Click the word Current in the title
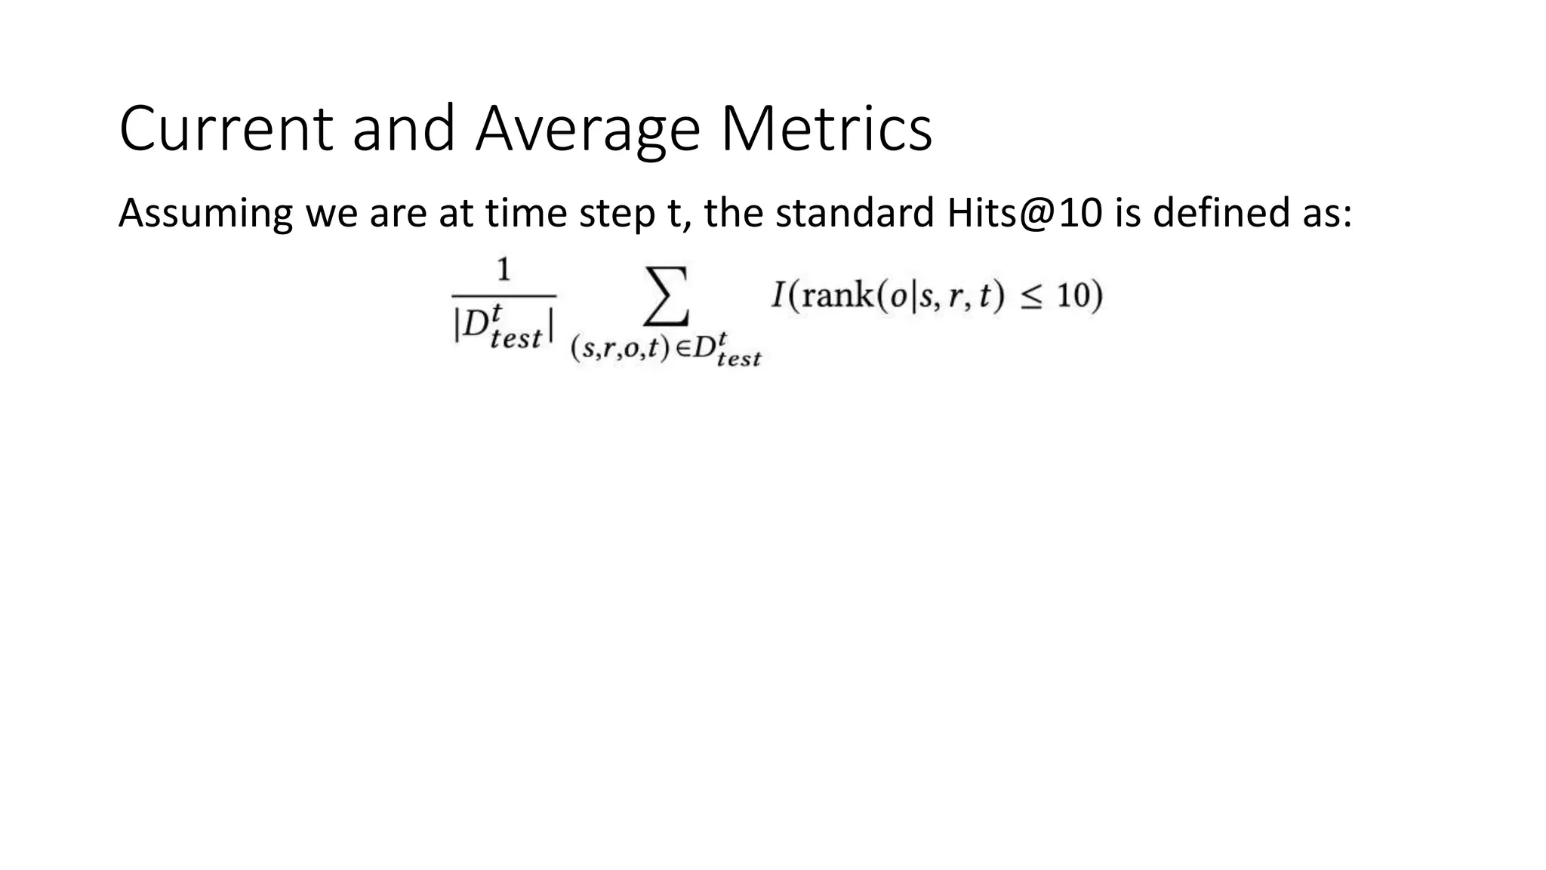tap(226, 130)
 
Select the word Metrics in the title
tap(827, 130)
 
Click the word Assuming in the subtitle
tap(205, 214)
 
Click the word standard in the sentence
tap(855, 214)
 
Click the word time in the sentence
tap(525, 214)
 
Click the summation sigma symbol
tap(665, 295)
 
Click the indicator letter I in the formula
tap(779, 295)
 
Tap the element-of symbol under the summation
tap(682, 350)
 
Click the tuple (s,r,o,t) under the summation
tap(620, 350)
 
